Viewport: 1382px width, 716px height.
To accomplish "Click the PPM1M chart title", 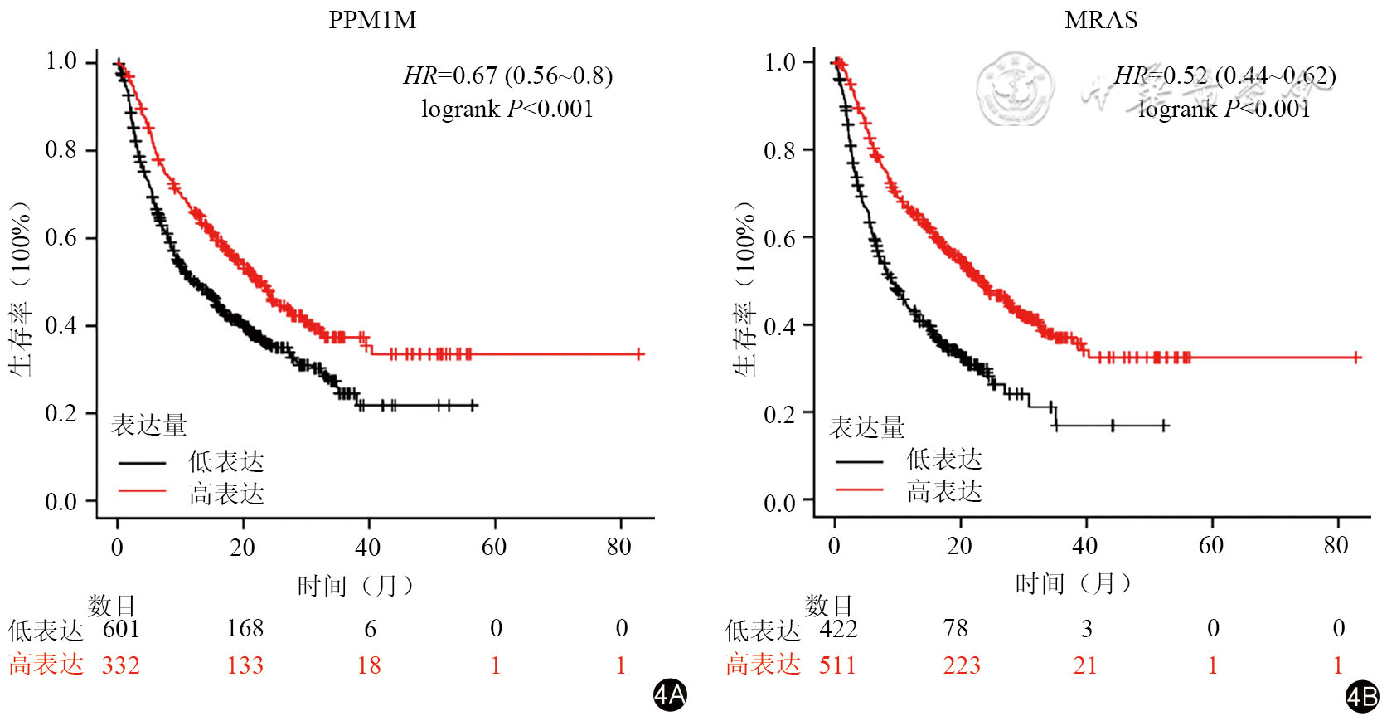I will point(372,20).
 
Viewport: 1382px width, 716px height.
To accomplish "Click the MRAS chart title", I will point(1100,20).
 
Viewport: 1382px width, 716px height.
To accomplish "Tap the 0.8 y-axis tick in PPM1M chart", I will point(61,150).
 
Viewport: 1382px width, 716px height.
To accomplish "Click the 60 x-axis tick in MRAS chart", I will point(1210,545).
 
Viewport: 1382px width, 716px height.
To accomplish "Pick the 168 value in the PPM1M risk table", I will point(245,628).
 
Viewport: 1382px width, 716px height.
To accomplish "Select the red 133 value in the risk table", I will point(245,665).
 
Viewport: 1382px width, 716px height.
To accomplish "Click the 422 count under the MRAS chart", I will point(838,628).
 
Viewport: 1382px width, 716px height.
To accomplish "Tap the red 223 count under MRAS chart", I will point(962,665).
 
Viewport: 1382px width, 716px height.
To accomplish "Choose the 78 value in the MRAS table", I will point(955,628).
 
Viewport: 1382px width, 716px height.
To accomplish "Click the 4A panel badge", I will point(669,694).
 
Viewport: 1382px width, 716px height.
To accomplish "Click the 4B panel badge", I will point(1361,696).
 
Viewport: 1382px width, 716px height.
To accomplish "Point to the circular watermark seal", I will point(1013,89).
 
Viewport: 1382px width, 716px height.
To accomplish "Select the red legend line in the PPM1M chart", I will point(143,491).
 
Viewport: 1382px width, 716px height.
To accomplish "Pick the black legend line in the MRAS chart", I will point(859,461).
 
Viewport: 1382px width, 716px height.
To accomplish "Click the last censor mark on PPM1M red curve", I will point(639,354).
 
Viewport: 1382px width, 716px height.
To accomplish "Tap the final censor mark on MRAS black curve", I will point(1164,426).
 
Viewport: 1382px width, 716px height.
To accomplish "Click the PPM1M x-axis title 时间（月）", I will point(355,587).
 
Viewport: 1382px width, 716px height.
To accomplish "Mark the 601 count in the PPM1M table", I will point(121,628).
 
